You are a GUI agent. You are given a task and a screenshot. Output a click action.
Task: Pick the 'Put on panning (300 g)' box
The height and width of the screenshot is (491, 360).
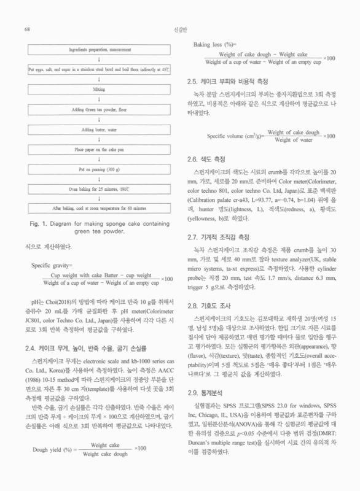98,168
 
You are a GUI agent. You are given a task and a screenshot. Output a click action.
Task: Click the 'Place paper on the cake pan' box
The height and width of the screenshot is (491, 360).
98,148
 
